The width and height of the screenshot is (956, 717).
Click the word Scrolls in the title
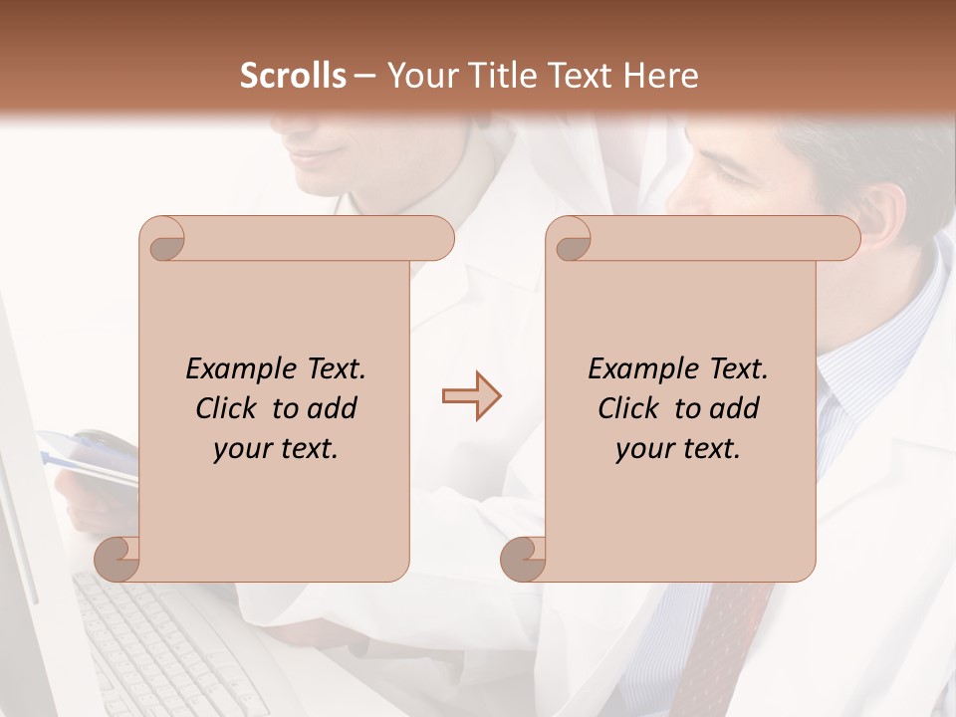click(x=293, y=76)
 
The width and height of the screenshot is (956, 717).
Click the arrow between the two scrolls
click(x=471, y=396)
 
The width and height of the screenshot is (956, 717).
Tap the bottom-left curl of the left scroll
click(x=118, y=558)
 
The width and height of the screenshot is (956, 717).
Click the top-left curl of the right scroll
click(x=572, y=240)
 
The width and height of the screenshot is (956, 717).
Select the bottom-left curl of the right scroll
click(x=524, y=558)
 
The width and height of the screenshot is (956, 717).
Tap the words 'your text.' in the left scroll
click(x=275, y=448)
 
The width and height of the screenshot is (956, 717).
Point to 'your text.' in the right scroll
click(x=677, y=448)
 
